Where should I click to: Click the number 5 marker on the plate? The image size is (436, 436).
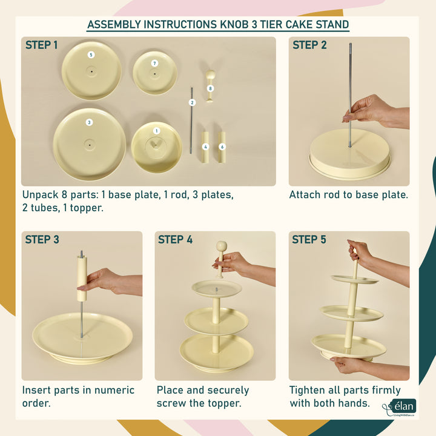91,54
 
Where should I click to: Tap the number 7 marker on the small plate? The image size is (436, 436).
154,64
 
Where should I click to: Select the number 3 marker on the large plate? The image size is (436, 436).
89,122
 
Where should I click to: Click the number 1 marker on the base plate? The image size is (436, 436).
157,131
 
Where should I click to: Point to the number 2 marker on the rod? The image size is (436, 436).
192,102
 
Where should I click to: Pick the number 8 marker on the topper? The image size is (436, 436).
210,88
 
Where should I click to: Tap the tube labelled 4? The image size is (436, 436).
205,147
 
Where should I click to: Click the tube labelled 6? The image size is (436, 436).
222,147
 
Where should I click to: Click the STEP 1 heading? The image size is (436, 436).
41,45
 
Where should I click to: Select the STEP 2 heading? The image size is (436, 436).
309,45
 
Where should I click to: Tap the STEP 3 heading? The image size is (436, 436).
42,239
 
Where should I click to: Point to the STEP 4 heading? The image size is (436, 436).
175,239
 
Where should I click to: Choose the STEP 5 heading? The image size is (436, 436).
309,239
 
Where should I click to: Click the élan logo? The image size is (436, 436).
400,407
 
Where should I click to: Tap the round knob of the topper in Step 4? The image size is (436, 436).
222,246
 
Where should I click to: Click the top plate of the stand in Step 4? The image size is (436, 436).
217,289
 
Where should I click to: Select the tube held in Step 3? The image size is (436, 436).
82,279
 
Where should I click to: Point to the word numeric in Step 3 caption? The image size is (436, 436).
114,390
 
